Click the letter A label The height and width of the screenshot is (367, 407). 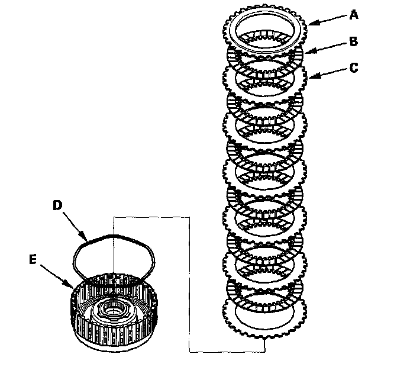[354, 16]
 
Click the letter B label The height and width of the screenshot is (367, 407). [354, 42]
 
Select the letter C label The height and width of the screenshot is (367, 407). [354, 67]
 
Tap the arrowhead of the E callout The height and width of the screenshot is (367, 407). [73, 288]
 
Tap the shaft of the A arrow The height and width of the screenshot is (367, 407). [328, 19]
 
